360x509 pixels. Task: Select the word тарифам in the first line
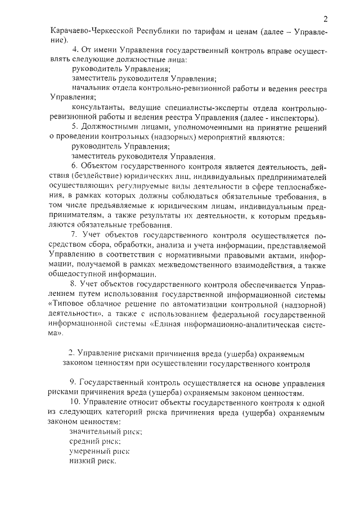(x=215, y=33)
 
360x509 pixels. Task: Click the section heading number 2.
(x=71, y=354)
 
